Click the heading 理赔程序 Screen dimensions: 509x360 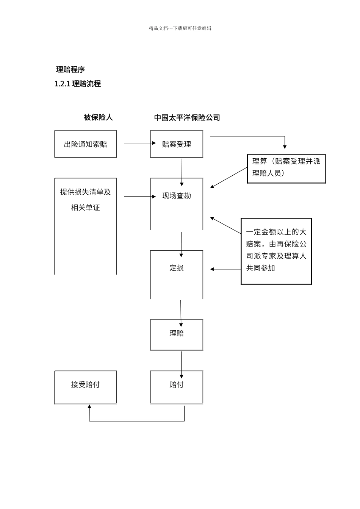tap(70, 69)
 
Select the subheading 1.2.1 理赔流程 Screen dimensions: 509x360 tap(78, 84)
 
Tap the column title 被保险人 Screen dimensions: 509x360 tap(98, 117)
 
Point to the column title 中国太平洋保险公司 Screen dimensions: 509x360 tap(187, 117)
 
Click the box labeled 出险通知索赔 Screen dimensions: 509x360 tap(85, 144)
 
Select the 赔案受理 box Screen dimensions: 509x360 tap(177, 144)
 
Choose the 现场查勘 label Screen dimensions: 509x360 tap(177, 196)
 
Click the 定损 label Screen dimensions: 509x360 tap(177, 268)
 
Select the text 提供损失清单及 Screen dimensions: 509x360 tap(85, 192)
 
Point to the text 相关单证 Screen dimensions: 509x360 tap(85, 208)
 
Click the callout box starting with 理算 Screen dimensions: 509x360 tap(286, 169)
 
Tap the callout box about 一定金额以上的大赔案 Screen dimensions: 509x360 tap(276, 251)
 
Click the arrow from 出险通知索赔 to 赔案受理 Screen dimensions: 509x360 tap(139, 143)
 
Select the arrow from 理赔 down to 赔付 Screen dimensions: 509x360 tap(182, 364)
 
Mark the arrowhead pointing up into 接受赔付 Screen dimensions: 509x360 tap(89, 406)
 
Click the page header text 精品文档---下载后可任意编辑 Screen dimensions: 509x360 tap(180, 28)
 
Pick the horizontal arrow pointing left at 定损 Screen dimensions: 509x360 tap(225, 269)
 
